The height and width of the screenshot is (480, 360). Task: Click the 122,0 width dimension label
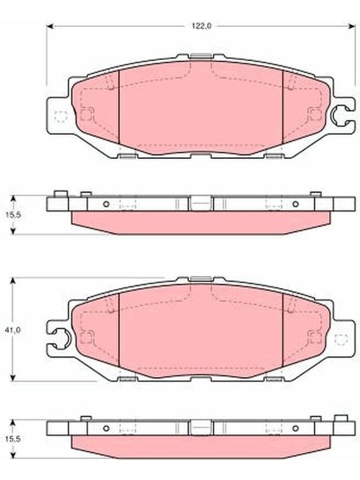point(202,26)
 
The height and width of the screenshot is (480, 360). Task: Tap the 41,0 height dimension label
point(13,331)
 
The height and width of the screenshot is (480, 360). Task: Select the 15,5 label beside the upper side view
point(13,215)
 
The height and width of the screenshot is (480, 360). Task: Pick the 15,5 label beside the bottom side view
point(13,439)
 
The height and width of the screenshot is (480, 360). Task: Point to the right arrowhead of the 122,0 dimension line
point(352,26)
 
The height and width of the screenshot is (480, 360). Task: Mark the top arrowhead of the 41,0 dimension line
point(13,281)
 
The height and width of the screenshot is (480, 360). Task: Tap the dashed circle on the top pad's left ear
point(61,116)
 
